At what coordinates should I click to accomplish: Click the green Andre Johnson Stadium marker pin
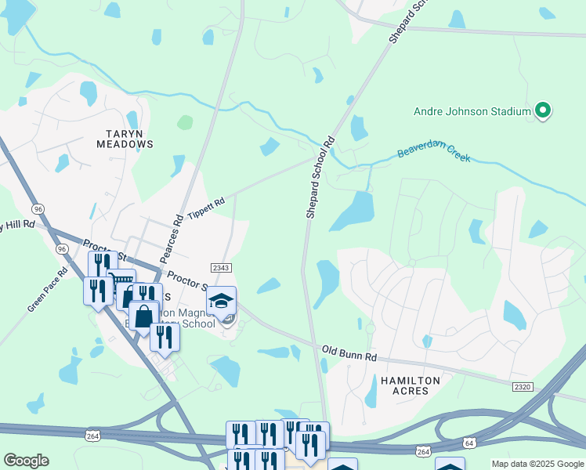(541, 110)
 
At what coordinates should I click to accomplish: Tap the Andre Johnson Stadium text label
(472, 111)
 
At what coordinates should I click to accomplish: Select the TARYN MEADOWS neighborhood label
(125, 139)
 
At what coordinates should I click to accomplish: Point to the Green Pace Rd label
(42, 293)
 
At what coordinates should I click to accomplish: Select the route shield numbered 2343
(221, 268)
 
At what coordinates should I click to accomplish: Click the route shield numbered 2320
(523, 387)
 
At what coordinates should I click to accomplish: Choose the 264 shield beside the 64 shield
(424, 452)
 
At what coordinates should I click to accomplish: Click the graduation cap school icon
(221, 301)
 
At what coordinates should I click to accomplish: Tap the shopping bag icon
(143, 317)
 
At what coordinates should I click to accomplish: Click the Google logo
(26, 461)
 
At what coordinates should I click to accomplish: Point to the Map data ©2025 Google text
(537, 464)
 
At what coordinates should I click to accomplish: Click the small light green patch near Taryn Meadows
(185, 122)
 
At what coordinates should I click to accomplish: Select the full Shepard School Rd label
(320, 177)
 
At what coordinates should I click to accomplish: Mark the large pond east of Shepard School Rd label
(353, 210)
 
